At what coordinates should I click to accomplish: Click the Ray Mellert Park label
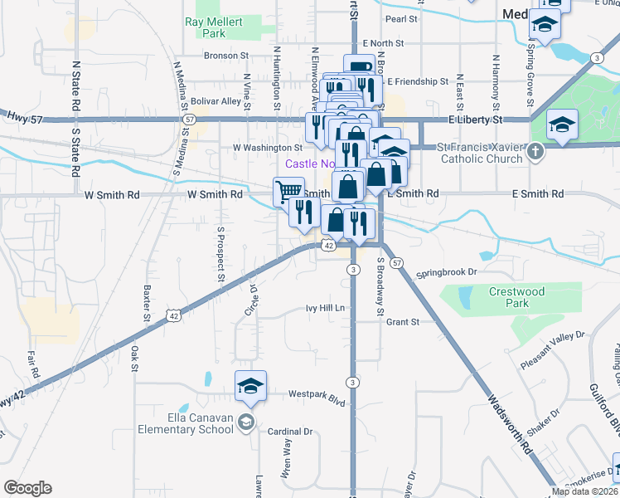[206, 28]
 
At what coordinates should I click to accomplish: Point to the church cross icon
[535, 152]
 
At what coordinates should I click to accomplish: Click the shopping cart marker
[288, 192]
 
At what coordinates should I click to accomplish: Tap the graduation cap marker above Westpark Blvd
[250, 386]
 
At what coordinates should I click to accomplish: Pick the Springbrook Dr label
[448, 271]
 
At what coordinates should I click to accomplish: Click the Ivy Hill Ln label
[325, 308]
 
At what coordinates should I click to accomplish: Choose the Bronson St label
[227, 56]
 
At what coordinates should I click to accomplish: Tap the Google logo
[28, 487]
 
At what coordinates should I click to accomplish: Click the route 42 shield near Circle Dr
[172, 315]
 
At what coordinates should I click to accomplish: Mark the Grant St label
[403, 321]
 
